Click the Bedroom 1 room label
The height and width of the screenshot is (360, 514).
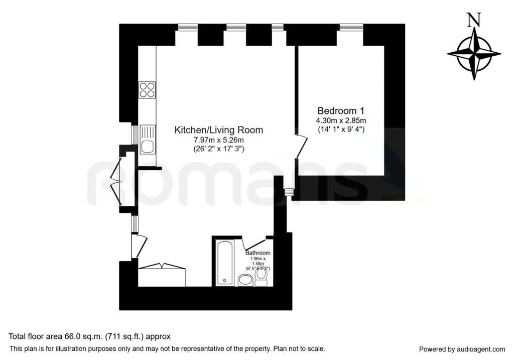click(x=341, y=110)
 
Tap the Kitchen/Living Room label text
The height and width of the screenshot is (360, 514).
click(x=218, y=130)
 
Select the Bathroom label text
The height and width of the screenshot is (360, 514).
click(x=258, y=253)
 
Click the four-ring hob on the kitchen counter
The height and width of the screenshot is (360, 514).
click(x=147, y=89)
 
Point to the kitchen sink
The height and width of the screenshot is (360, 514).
click(x=147, y=146)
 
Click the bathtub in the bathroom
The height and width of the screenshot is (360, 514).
click(x=224, y=263)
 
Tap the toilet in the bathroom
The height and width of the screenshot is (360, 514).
click(x=261, y=277)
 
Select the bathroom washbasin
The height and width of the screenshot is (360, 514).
click(x=245, y=280)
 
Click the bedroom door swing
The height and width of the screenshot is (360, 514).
click(x=301, y=146)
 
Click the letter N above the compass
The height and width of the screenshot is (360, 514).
click(x=472, y=20)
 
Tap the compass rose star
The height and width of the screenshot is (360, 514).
click(x=474, y=54)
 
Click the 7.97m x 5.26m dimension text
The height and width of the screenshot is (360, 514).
click(x=218, y=140)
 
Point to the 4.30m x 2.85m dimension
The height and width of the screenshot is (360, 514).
click(x=341, y=121)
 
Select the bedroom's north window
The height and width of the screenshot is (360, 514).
click(x=351, y=27)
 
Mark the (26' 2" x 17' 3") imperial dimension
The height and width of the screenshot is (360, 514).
click(x=218, y=149)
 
